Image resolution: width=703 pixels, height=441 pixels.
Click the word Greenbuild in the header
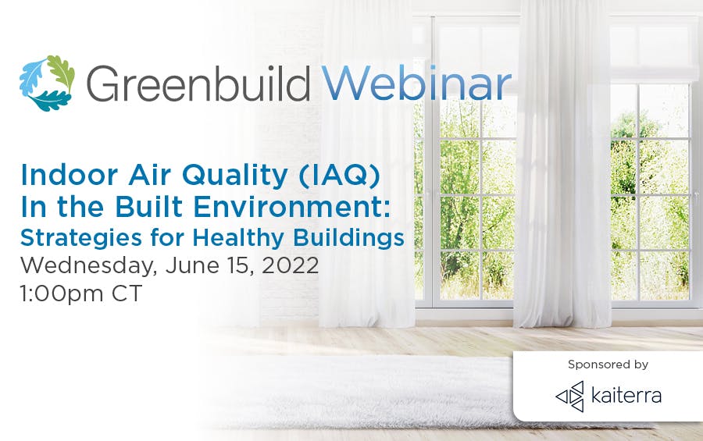pyautogui.click(x=198, y=83)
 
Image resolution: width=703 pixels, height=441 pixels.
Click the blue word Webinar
pyautogui.click(x=418, y=83)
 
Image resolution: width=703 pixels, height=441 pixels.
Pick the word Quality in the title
pyautogui.click(x=234, y=176)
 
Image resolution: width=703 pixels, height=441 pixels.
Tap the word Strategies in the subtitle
pyautogui.click(x=81, y=238)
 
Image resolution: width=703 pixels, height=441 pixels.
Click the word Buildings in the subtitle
pyautogui.click(x=349, y=238)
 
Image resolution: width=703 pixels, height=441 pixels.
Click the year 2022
pyautogui.click(x=290, y=265)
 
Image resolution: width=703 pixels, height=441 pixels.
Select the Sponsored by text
pyautogui.click(x=608, y=365)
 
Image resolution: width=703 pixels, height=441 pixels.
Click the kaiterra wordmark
pyautogui.click(x=626, y=396)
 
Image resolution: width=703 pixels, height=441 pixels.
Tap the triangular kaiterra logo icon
pyautogui.click(x=570, y=397)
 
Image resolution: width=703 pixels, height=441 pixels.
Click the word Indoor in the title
pyautogui.click(x=69, y=175)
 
